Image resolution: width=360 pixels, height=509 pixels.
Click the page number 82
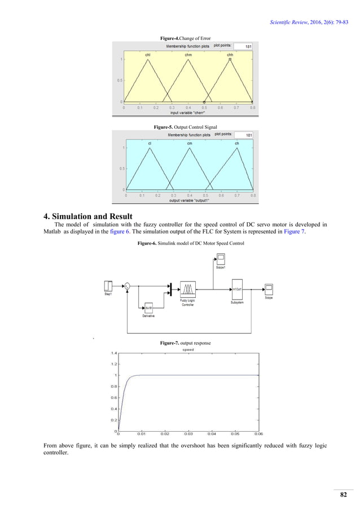(343, 495)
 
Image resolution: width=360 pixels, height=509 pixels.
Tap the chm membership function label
(188, 55)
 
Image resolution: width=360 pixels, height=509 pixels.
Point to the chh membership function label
(230, 55)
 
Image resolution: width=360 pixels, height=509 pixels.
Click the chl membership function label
(148, 55)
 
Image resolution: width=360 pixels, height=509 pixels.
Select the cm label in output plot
(190, 143)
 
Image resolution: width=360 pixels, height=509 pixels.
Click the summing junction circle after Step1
(127, 287)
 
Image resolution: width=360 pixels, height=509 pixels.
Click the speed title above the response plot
(188, 349)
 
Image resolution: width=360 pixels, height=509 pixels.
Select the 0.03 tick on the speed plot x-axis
(188, 434)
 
